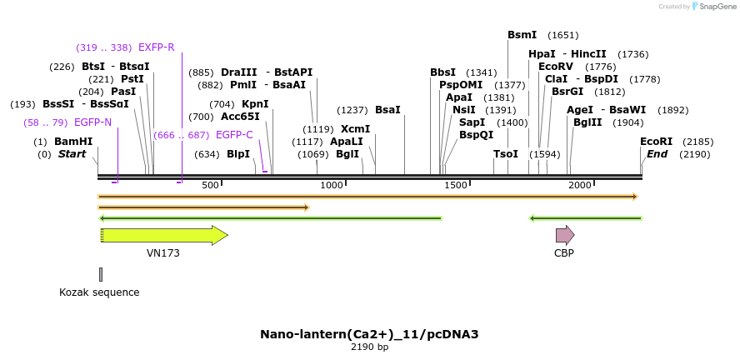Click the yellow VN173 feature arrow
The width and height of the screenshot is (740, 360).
(x=163, y=236)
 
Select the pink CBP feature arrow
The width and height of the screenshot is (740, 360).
(x=564, y=235)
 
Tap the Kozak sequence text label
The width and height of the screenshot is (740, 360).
(x=99, y=292)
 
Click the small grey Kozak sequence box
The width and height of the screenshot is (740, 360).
(x=101, y=274)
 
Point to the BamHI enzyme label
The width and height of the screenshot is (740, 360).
(x=73, y=142)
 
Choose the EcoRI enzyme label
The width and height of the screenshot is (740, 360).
(x=656, y=142)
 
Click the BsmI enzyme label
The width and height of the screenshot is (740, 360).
(x=522, y=35)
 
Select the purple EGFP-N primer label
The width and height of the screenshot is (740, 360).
(x=92, y=122)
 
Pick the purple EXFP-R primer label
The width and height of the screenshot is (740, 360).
(x=156, y=47)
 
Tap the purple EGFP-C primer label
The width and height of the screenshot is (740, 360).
(x=234, y=134)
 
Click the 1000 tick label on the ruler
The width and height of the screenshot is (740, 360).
(x=332, y=185)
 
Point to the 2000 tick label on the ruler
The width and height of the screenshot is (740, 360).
(x=579, y=185)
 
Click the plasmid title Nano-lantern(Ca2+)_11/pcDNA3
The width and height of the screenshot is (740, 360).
(x=369, y=334)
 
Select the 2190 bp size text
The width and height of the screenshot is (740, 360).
(x=369, y=347)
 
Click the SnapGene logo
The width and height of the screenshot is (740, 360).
(x=712, y=7)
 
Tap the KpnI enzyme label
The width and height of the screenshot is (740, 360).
(x=255, y=104)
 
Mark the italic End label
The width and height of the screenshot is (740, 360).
(x=657, y=154)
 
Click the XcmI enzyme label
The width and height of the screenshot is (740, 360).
(x=355, y=129)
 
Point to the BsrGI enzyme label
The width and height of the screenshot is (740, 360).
(x=567, y=92)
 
